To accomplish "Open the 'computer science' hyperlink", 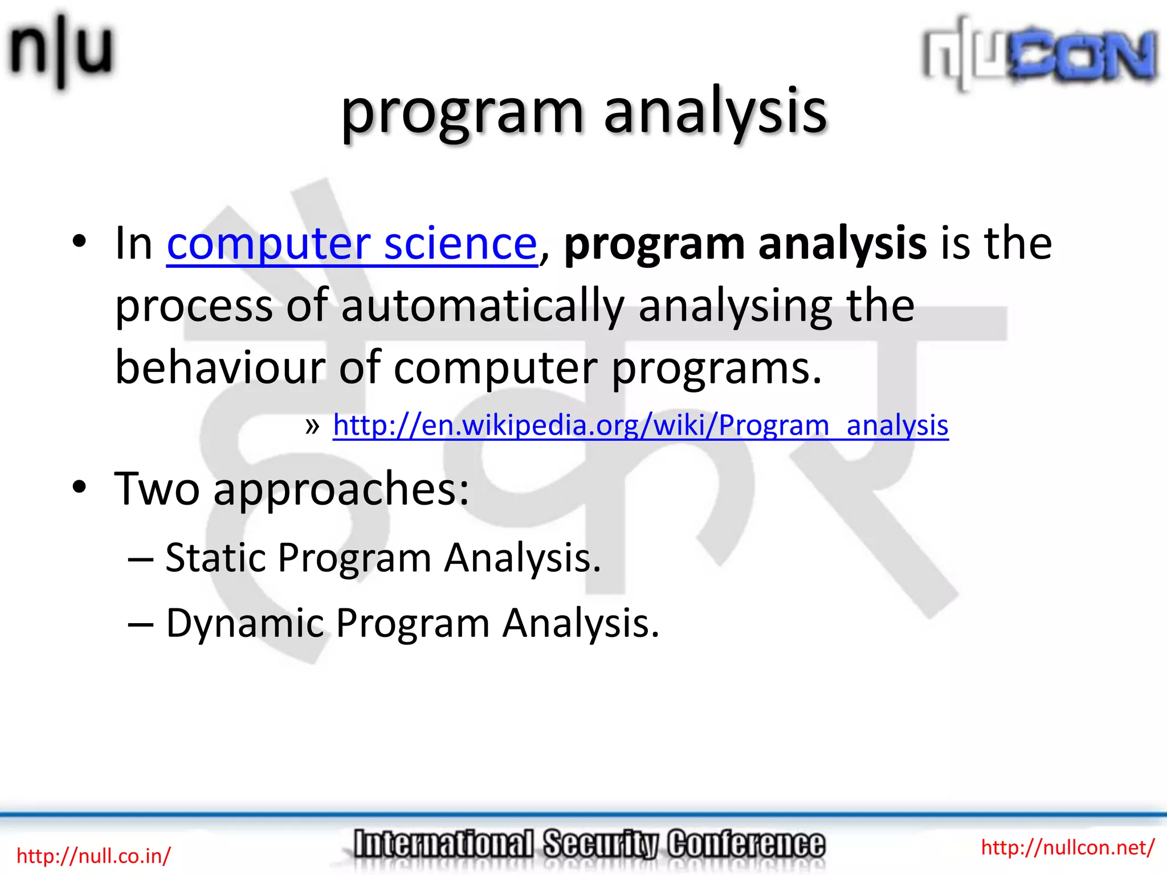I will (x=352, y=243).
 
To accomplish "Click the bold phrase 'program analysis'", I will (x=745, y=243).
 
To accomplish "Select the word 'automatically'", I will (x=483, y=306).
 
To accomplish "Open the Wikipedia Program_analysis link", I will (x=640, y=426).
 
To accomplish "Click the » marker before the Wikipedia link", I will (x=312, y=426).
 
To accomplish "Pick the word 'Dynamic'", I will (x=244, y=623).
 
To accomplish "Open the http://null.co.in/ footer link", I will (x=93, y=856).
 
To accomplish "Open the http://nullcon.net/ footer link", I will (x=1067, y=847).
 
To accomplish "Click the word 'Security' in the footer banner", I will (x=601, y=844).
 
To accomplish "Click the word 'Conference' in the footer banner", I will (x=746, y=844).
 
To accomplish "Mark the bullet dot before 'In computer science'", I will (x=79, y=242).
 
